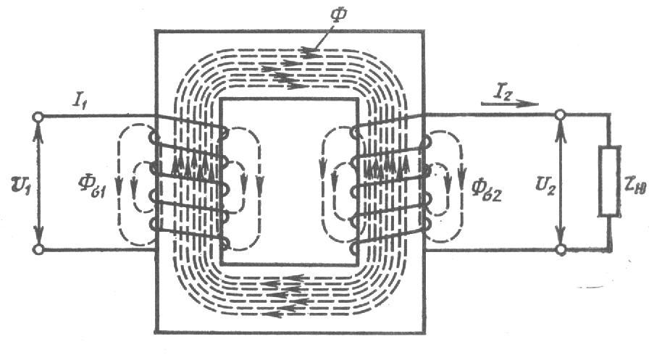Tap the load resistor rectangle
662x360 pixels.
[608, 182]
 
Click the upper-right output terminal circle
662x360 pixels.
[560, 114]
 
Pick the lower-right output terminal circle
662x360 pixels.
[560, 250]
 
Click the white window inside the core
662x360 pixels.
[289, 181]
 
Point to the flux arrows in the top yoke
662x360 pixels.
[290, 70]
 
